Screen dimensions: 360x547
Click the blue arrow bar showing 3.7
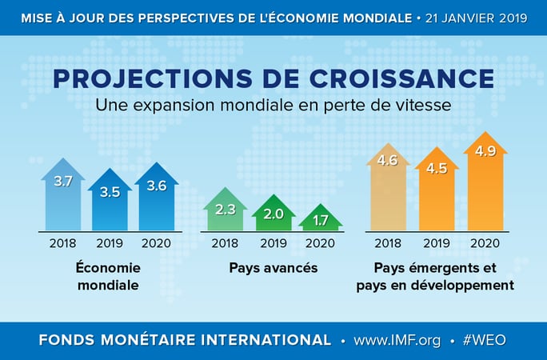point(63,196)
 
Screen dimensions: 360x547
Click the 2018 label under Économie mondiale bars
point(63,242)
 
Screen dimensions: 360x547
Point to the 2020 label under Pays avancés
point(321,242)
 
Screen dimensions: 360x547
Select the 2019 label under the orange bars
point(436,242)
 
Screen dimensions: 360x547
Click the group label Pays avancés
point(273,268)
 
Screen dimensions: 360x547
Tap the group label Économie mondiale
point(110,276)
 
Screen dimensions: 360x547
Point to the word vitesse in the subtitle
point(427,104)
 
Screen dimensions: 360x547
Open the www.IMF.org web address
point(397,339)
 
